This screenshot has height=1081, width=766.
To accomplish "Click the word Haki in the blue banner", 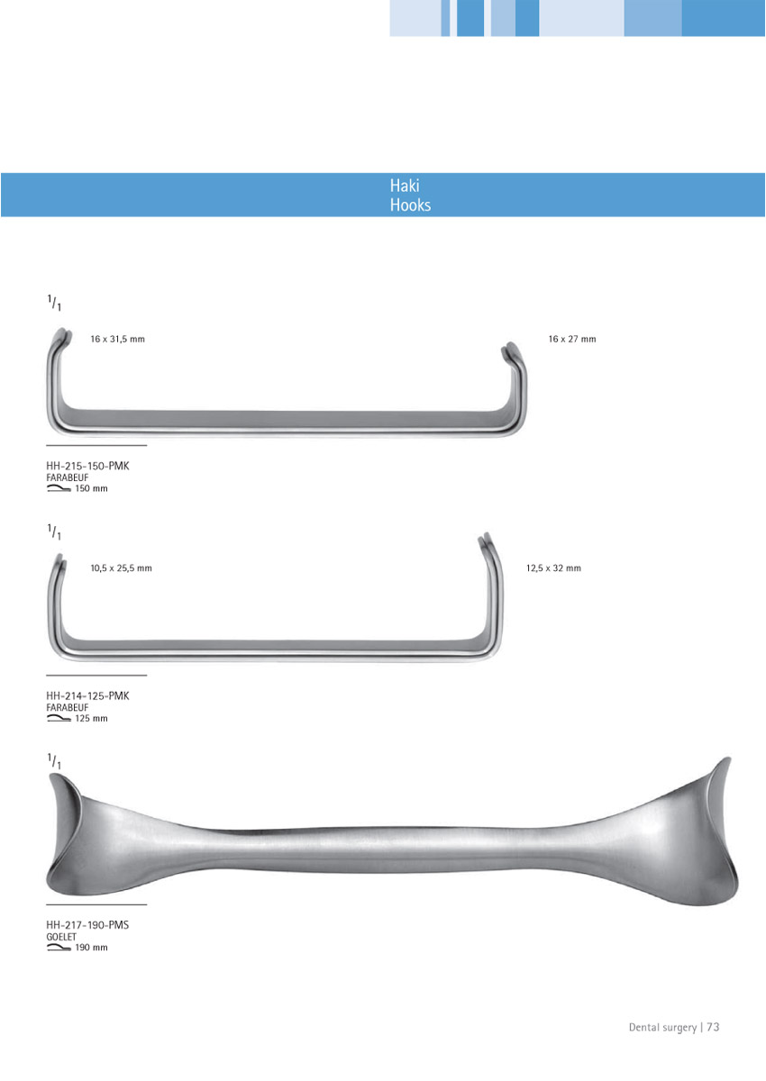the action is [x=405, y=186].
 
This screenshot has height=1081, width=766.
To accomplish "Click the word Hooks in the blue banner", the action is [x=410, y=205].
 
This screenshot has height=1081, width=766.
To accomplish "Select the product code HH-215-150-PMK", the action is [x=87, y=467].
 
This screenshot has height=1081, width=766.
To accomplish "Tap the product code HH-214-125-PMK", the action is [x=87, y=695].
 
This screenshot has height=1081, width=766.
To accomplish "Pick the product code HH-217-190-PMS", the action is [x=87, y=925].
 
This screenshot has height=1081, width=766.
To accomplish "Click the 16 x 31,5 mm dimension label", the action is [x=118, y=340].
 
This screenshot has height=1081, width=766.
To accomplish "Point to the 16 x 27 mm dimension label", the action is [x=572, y=340].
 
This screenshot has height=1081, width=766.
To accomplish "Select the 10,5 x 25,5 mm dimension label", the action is [x=121, y=568].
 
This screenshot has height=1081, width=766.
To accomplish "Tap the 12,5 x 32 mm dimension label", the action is [x=553, y=568].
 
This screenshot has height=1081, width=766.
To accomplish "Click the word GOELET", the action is [x=61, y=937].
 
